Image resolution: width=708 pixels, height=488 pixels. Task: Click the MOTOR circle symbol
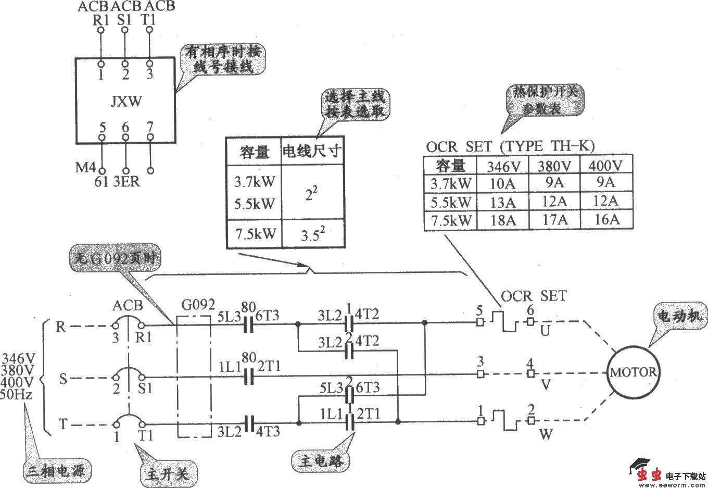coord(633,372)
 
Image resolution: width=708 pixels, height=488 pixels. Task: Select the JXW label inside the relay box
coord(126,101)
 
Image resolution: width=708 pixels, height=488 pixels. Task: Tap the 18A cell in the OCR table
coord(503,220)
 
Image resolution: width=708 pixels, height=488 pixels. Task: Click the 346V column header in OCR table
coord(502,166)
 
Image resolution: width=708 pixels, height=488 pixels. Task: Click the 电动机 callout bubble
coord(680,316)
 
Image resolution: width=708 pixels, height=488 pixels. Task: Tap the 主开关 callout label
coord(166,474)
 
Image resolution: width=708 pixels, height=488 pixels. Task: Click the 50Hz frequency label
coord(17,394)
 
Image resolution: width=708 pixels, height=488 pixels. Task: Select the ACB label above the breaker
coord(128,305)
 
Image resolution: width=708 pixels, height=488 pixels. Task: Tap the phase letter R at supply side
coord(61,327)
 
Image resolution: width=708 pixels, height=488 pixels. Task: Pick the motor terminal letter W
coord(546,433)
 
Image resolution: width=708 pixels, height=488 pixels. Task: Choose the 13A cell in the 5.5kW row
coord(503,202)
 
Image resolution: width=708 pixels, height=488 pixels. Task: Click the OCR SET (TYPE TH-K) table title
coord(510,146)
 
